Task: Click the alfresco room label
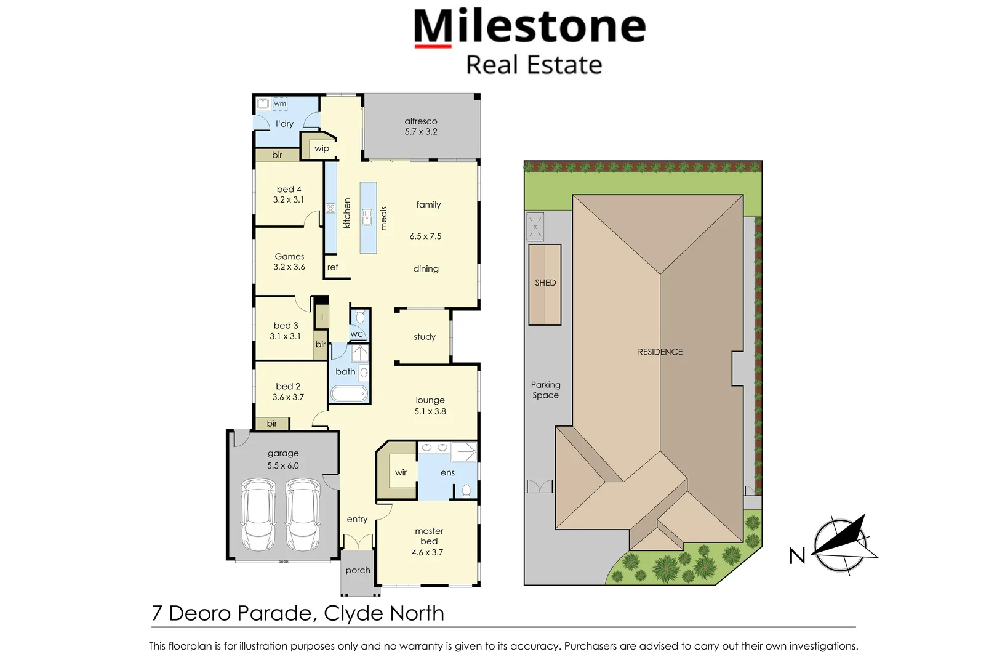[x=421, y=121]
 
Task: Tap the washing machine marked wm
[x=280, y=103]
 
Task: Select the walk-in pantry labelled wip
[x=321, y=148]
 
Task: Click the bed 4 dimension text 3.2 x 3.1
[x=289, y=199]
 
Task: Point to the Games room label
[x=289, y=256]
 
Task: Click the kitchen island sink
[x=367, y=217]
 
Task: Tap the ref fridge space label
[x=332, y=267]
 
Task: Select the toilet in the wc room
[x=360, y=317]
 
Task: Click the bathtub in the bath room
[x=349, y=393]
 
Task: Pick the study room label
[x=425, y=337]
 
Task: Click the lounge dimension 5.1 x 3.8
[x=430, y=411]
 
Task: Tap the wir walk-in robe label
[x=401, y=473]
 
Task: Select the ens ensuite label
[x=447, y=473]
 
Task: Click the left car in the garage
[x=258, y=515]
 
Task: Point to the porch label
[x=358, y=570]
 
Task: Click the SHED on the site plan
[x=545, y=283]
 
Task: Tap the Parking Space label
[x=546, y=390]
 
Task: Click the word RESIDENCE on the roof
[x=660, y=352]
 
